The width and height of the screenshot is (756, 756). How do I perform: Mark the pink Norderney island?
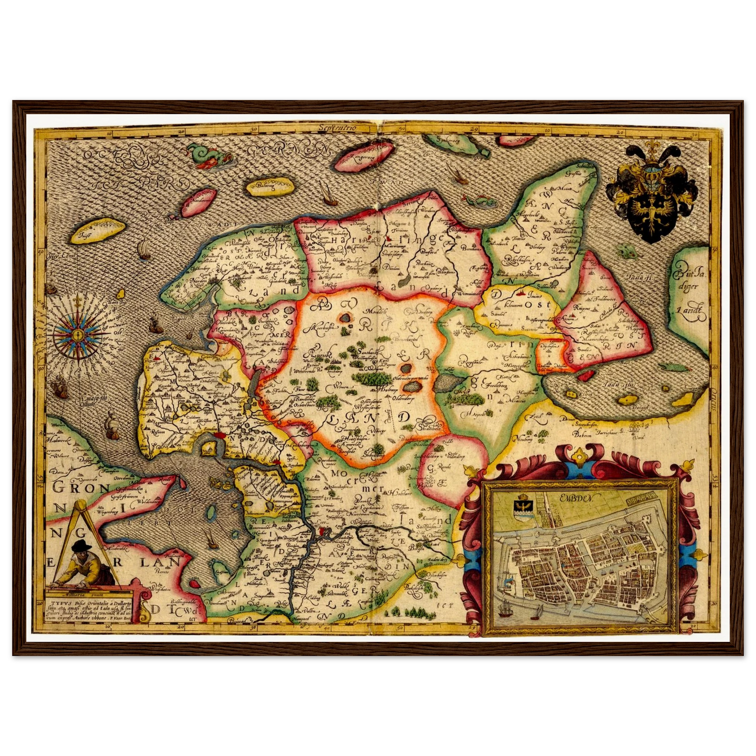199,204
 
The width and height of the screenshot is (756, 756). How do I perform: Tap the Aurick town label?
319,355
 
